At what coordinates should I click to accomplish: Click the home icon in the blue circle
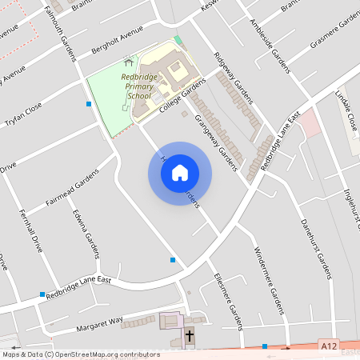pos(180,173)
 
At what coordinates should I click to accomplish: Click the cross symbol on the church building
pos(190,334)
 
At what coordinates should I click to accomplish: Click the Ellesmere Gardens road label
pos(227,296)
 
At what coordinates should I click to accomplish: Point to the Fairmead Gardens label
pos(71,189)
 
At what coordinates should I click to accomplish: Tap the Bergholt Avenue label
pos(117,38)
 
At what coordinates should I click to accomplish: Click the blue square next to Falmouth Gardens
pos(88,103)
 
